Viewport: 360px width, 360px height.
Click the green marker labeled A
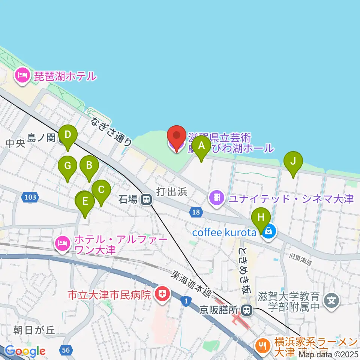(201, 146)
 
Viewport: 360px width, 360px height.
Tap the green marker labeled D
(67, 135)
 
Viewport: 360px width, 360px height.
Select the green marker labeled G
(68, 166)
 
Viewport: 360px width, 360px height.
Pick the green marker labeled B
(89, 166)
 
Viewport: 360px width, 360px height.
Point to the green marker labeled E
(85, 202)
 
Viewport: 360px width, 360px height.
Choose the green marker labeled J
(294, 162)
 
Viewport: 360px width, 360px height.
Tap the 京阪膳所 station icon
(247, 310)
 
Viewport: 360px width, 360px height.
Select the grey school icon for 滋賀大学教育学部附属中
(332, 301)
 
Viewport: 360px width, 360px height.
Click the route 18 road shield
(195, 213)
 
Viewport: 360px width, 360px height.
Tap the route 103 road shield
(30, 196)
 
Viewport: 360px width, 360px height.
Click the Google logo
(25, 351)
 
